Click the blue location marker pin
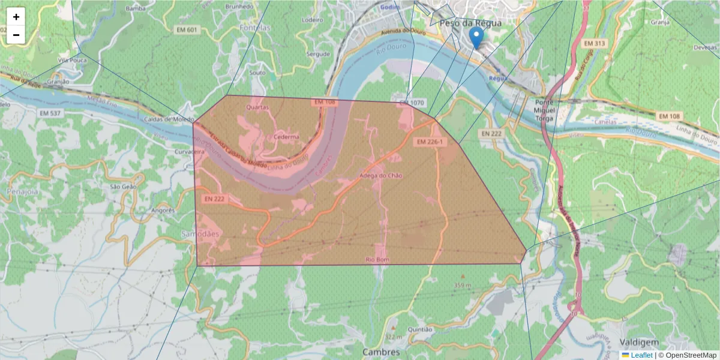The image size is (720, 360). tap(476, 37)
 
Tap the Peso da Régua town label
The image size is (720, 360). tap(470, 23)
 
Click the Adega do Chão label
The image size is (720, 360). tap(380, 176)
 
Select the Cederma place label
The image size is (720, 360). tap(286, 137)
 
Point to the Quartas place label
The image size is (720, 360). tap(258, 107)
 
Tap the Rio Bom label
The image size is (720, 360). tap(378, 259)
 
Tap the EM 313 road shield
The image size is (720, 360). tap(595, 44)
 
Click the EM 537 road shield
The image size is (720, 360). tap(50, 113)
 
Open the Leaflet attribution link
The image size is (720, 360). tap(641, 355)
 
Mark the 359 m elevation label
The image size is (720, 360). tap(463, 284)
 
